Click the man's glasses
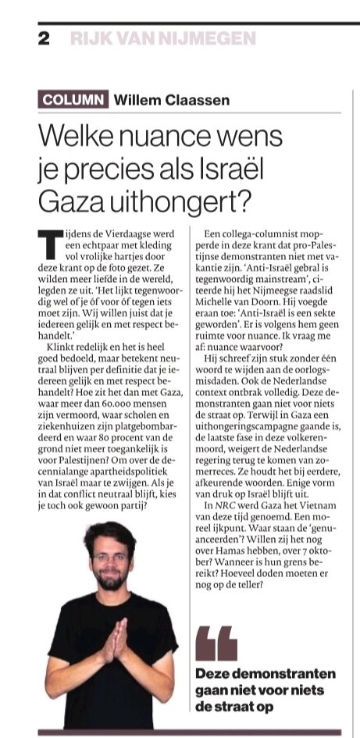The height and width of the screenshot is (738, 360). (x=107, y=558)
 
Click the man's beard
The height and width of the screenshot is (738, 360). (x=108, y=579)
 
